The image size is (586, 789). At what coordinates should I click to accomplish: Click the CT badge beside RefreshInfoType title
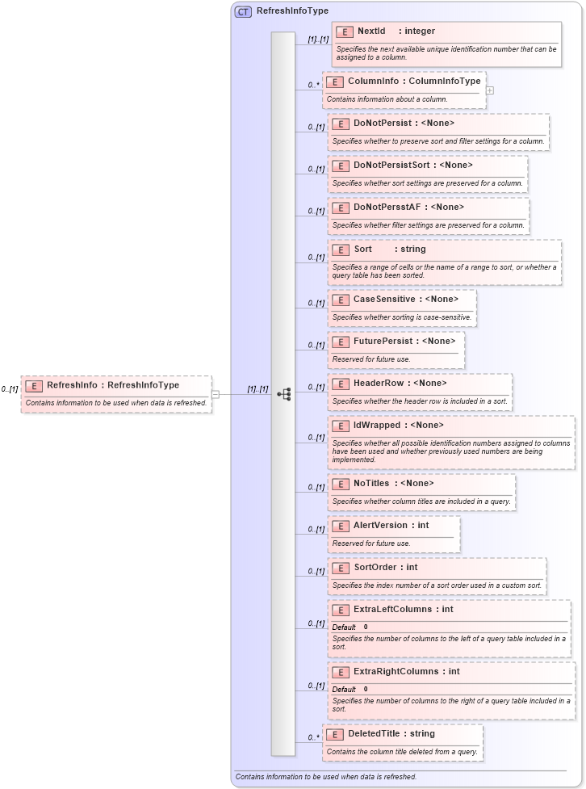point(243,11)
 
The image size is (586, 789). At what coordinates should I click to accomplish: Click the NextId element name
point(371,31)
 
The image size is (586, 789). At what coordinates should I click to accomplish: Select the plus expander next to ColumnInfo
point(490,90)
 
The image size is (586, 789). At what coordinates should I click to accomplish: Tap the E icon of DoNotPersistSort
point(340,166)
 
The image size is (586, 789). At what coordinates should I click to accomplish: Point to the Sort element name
point(362,250)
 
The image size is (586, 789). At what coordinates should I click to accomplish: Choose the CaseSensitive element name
point(384,300)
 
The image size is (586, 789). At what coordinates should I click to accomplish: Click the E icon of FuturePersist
point(340,342)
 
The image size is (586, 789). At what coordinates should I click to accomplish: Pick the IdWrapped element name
point(376,426)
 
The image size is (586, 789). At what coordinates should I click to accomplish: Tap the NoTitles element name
point(371,484)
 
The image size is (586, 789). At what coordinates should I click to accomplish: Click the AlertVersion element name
point(380,526)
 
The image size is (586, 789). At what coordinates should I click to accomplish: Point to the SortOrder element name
point(375,568)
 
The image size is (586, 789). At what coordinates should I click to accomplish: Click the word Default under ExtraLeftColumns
point(344,627)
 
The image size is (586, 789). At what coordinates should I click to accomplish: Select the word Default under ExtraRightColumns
point(344,689)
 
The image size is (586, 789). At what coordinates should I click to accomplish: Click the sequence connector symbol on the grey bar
point(283,394)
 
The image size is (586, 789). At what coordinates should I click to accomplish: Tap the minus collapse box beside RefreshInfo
point(216,394)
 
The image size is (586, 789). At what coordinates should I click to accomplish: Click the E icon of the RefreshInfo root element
point(33,386)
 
